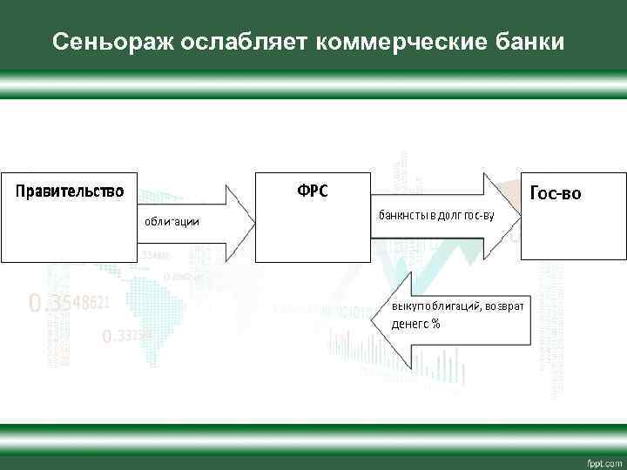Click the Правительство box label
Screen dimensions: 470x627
(67, 190)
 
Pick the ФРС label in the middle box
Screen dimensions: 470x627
(313, 191)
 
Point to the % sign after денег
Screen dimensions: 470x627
(435, 325)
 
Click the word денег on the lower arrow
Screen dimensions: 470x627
(407, 325)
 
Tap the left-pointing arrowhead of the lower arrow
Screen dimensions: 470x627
(368, 318)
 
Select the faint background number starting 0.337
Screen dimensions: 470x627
(127, 335)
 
